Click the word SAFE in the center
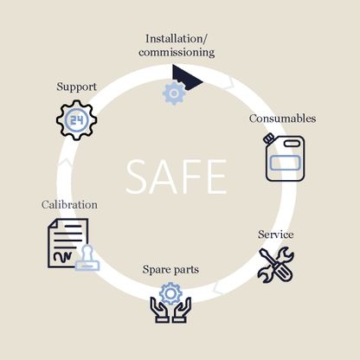[177, 177]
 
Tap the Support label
[76, 87]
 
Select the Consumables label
[282, 119]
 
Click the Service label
[276, 235]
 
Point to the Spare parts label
[170, 270]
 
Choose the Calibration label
[69, 204]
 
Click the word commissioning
[177, 53]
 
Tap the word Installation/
[177, 39]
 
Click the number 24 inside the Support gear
[77, 119]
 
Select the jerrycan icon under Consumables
[285, 157]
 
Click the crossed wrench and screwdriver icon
[276, 265]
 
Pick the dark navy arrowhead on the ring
[185, 77]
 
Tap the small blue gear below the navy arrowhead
[174, 93]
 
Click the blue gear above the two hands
[170, 293]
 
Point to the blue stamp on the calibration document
[87, 258]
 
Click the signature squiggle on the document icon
[62, 255]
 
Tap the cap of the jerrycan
[268, 138]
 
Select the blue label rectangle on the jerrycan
[285, 163]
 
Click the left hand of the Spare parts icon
[159, 311]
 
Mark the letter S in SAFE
[137, 177]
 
